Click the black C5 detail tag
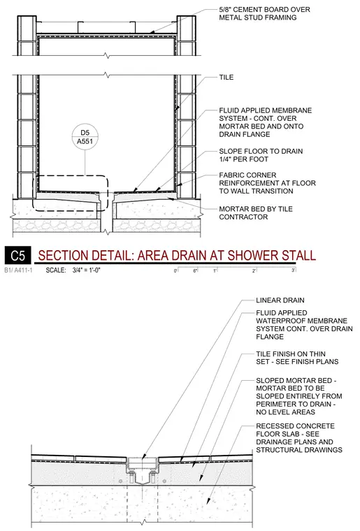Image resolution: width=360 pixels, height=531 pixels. (x=17, y=255)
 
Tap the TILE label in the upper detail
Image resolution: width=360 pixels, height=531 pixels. (x=226, y=78)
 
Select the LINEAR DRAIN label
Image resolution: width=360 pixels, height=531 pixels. (x=280, y=300)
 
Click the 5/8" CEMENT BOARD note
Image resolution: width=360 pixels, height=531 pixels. (x=264, y=13)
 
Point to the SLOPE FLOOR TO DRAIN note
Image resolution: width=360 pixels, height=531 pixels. (x=261, y=155)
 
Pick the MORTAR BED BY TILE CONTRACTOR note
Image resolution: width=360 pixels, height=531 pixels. (x=256, y=212)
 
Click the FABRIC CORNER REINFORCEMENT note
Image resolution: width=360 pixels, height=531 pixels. (x=267, y=183)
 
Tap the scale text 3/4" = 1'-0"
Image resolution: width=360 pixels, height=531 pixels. (x=87, y=270)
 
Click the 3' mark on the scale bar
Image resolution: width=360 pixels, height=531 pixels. (x=294, y=270)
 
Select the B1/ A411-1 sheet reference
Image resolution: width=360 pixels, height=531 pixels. (x=19, y=270)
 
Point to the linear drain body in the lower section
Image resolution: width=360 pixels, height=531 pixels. (x=142, y=470)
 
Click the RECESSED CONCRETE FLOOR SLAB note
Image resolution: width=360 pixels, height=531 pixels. (x=299, y=438)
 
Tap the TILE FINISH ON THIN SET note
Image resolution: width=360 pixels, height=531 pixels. (x=297, y=358)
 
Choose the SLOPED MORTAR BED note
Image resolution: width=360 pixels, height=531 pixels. (x=299, y=396)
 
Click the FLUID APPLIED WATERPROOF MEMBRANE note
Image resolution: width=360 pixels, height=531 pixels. (x=304, y=324)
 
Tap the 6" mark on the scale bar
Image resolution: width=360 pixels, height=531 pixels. (x=196, y=270)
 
